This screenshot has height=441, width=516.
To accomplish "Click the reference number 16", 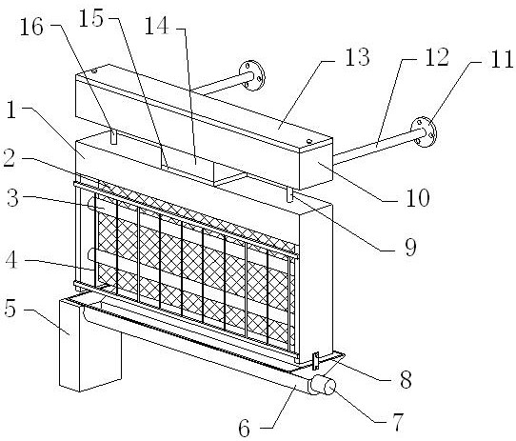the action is [x=32, y=27].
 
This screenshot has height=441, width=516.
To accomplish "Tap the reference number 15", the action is [x=91, y=18].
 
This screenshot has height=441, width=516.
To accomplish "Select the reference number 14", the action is [x=157, y=26].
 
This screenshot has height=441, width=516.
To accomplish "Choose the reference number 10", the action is [x=418, y=197].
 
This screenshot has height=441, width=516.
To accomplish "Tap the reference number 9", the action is [x=410, y=247].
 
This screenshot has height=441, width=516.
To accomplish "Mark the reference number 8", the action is [x=406, y=379].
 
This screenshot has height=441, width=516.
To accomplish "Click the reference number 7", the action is [x=398, y=422].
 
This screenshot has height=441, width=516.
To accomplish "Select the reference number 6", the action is [x=244, y=429].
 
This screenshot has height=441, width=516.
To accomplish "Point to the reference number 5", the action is [x=10, y=309].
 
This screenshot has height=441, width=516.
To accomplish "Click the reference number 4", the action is [x=11, y=259].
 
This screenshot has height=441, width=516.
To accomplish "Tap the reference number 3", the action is [x=12, y=198].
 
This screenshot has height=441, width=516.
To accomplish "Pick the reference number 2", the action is [x=9, y=158].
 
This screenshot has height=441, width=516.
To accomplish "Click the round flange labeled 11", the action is [x=424, y=131].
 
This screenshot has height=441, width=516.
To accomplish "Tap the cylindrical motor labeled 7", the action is [x=323, y=386].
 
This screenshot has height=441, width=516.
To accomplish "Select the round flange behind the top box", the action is [x=252, y=75].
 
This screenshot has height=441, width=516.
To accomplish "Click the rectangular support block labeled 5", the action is [x=89, y=344].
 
